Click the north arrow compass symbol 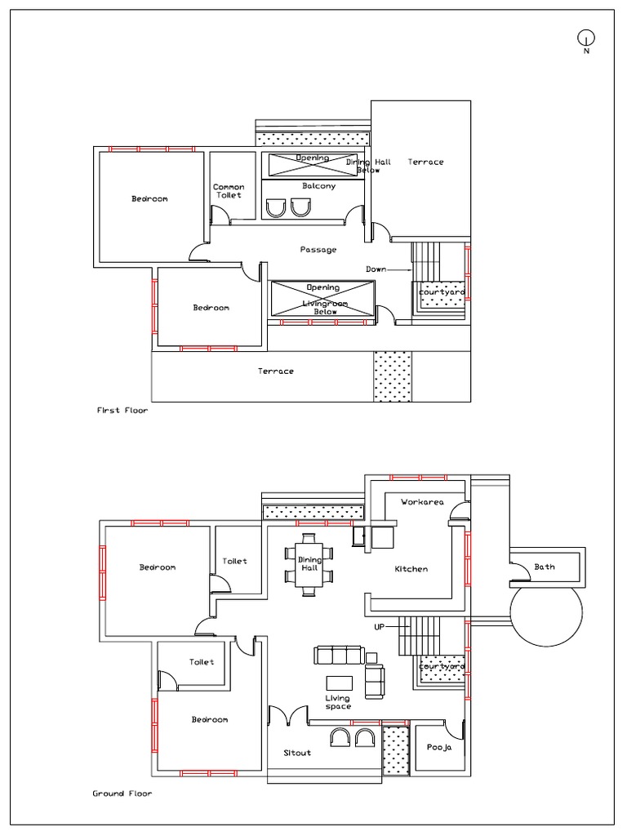(586, 38)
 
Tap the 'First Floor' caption (122, 411)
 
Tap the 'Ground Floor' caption (122, 794)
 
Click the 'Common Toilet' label (229, 191)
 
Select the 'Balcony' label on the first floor (319, 186)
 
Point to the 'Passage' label (318, 250)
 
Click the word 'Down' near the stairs (376, 269)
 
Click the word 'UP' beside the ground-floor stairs (379, 627)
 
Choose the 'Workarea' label (422, 502)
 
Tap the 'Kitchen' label (411, 569)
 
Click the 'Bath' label (545, 567)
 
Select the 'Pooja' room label (439, 748)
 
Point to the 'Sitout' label (297, 753)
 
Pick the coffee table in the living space (339, 683)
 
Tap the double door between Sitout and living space (288, 715)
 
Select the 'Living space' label (338, 702)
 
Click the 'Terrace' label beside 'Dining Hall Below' (425, 162)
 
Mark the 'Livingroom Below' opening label (325, 308)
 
